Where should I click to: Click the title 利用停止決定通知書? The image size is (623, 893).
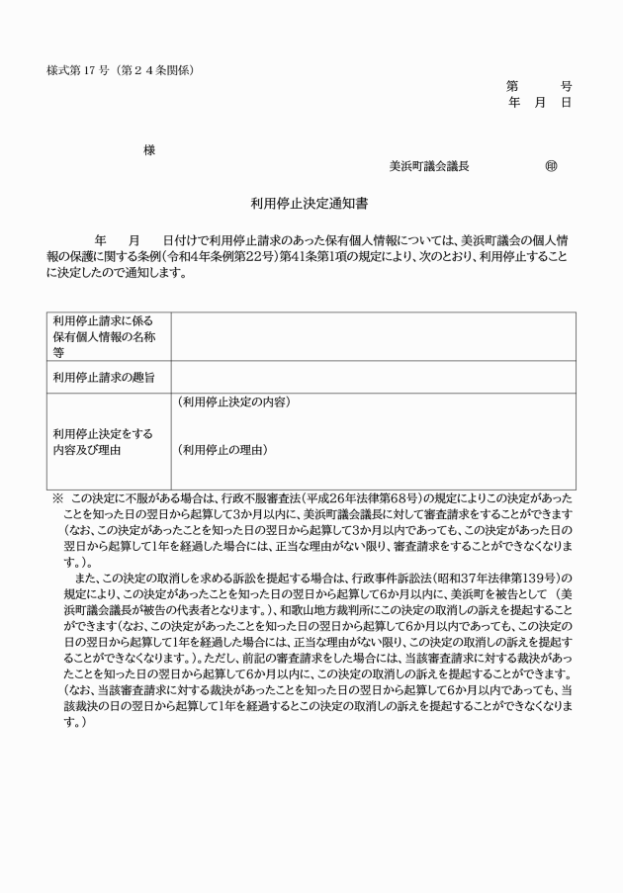pos(310,205)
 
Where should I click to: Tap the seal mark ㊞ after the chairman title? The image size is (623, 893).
pos(551,167)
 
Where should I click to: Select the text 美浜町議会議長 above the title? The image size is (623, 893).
pos(429,167)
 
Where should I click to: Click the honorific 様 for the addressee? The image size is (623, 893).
pos(149,150)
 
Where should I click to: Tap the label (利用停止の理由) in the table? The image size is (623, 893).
pos(222,450)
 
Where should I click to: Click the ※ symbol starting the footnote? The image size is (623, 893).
pos(56,498)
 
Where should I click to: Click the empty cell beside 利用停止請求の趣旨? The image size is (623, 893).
pos(373,377)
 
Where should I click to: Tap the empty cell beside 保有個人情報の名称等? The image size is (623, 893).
pos(373,336)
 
